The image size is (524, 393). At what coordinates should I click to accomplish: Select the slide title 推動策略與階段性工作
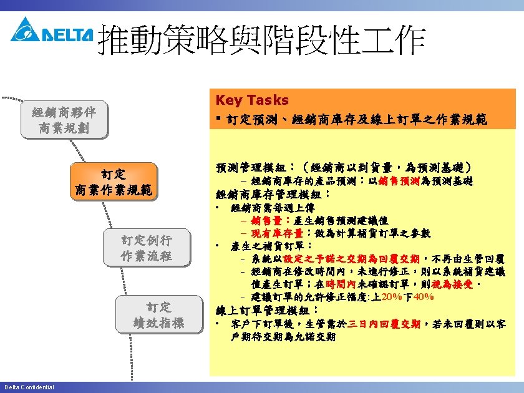point(262,41)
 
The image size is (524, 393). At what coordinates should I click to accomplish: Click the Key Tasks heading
point(252,100)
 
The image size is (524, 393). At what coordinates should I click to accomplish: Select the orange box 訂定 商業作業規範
point(113,182)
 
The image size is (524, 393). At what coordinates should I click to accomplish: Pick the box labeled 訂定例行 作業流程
point(147,248)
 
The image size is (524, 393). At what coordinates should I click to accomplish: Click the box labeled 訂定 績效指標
point(160,315)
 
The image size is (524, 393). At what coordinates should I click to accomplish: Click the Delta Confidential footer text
point(29,387)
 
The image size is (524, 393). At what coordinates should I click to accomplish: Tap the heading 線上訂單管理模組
point(266,310)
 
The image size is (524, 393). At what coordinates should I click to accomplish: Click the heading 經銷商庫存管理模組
point(273,194)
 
